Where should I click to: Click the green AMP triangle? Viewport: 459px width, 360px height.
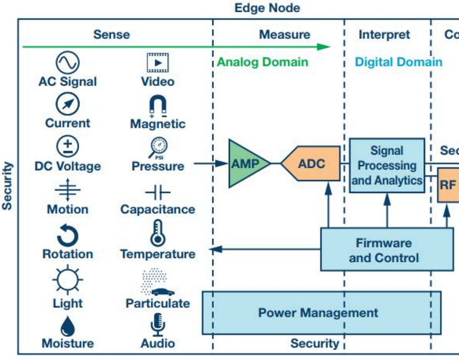click(246, 164)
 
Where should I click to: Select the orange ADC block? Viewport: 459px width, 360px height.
click(312, 164)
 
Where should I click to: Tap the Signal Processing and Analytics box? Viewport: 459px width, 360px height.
click(386, 166)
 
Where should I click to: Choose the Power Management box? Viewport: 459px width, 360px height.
click(319, 312)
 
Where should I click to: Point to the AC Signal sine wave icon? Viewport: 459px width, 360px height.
click(67, 63)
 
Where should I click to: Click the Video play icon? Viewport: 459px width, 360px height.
click(158, 63)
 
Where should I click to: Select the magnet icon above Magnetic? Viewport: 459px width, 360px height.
click(157, 105)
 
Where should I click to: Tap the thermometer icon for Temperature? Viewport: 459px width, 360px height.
click(157, 233)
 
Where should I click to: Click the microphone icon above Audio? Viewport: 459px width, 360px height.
click(158, 325)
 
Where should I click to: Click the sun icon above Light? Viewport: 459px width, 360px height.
click(67, 280)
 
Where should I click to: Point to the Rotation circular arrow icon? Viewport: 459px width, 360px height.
click(68, 235)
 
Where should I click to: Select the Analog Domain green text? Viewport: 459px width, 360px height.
click(262, 62)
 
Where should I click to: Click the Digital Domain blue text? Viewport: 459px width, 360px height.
click(398, 62)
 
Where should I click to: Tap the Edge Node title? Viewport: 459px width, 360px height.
click(267, 8)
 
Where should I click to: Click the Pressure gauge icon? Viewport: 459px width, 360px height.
click(157, 147)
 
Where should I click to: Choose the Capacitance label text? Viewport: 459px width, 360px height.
click(157, 209)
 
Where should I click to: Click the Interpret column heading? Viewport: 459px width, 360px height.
click(384, 35)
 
